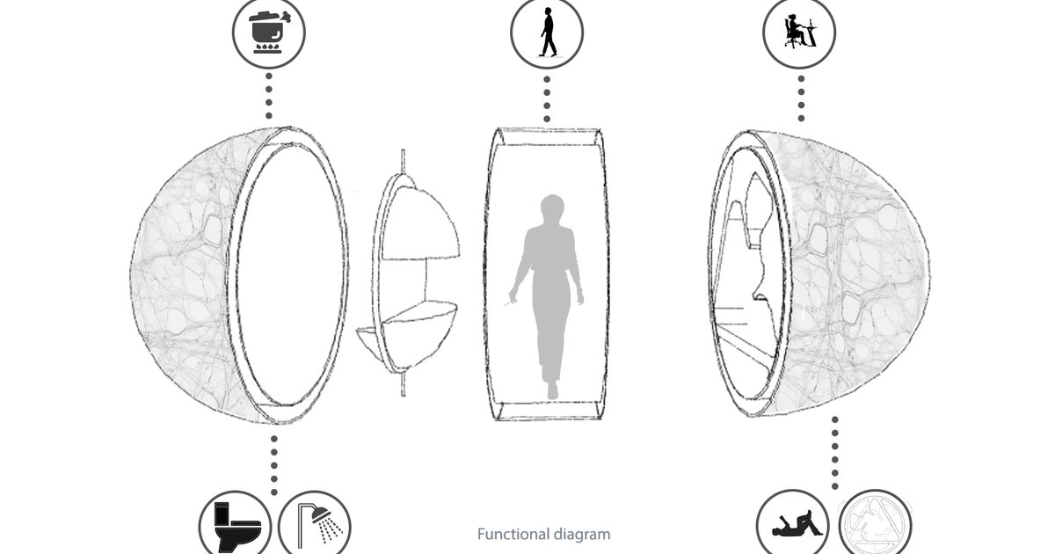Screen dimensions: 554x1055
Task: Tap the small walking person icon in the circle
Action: [547, 33]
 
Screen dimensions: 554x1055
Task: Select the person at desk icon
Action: [797, 33]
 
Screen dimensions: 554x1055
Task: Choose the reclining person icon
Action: [794, 524]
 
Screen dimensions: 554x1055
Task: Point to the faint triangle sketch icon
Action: [875, 526]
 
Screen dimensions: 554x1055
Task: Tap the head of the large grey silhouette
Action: [551, 211]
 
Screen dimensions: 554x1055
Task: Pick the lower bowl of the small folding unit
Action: [413, 321]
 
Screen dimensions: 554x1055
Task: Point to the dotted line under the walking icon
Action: [547, 98]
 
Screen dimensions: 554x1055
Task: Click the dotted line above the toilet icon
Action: [273, 462]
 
